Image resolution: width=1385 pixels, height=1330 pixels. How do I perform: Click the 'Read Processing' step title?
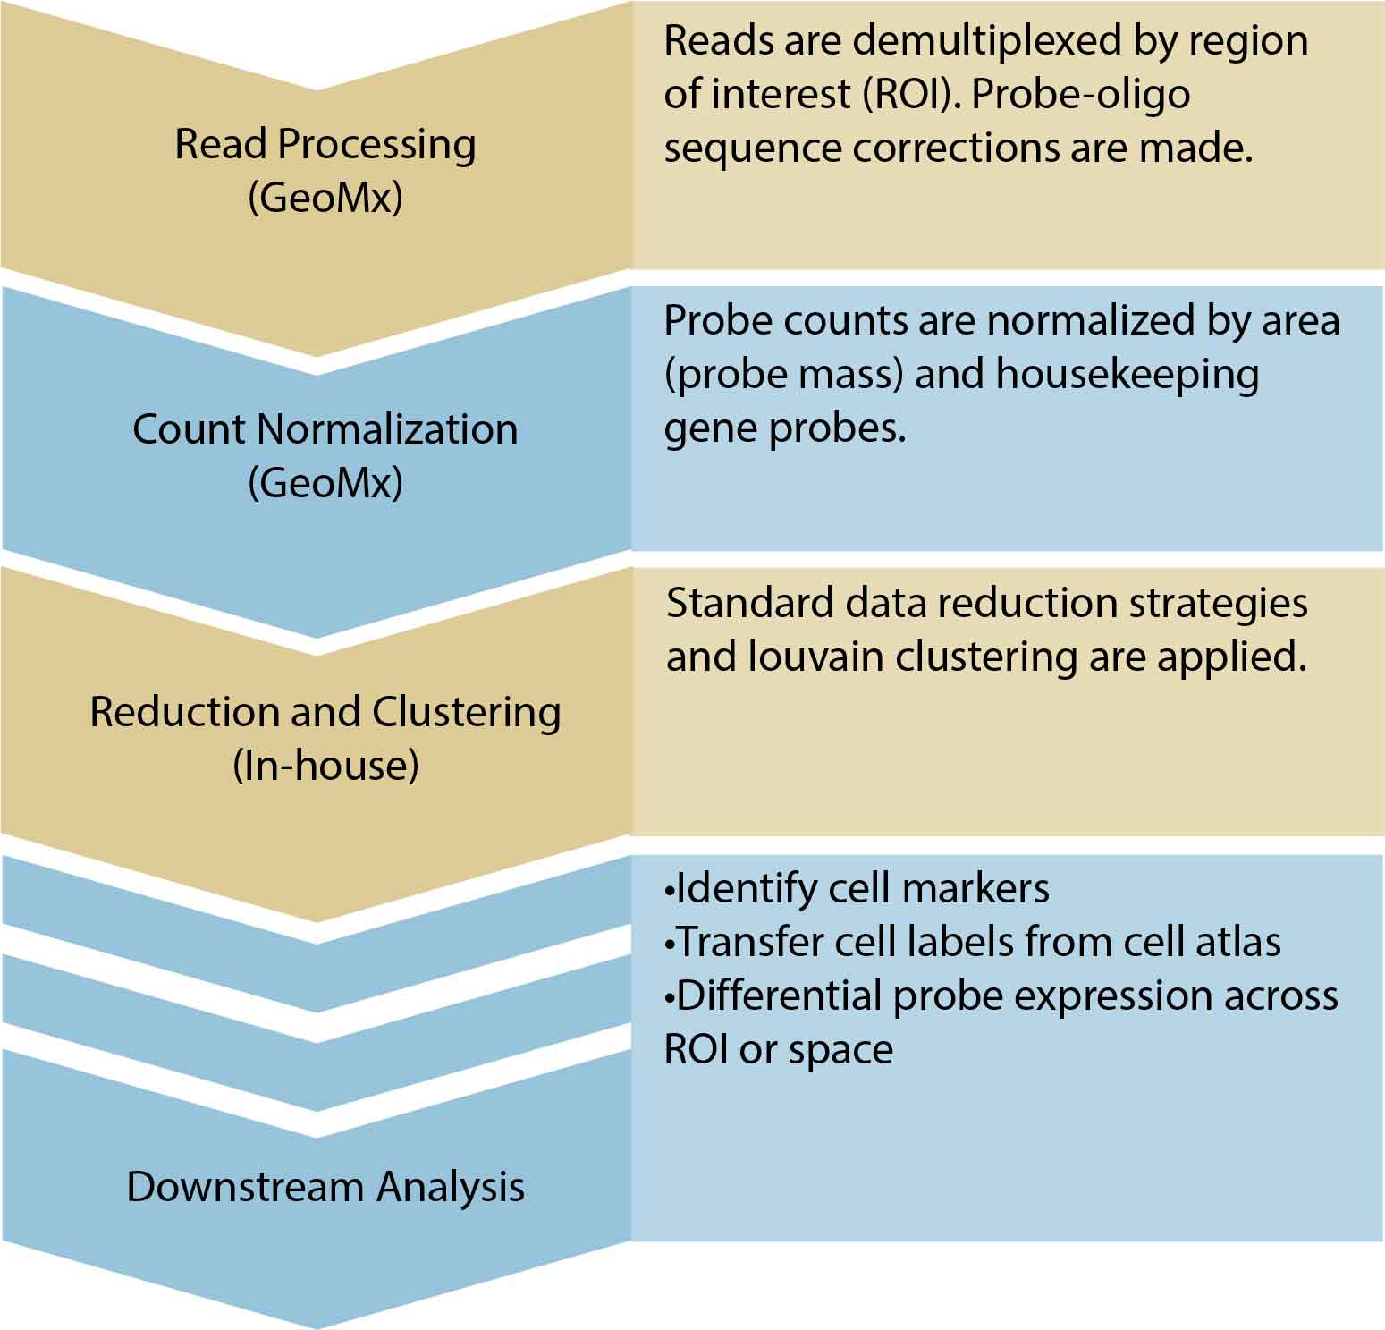[325, 144]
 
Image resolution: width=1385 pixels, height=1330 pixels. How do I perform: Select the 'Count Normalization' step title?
[325, 429]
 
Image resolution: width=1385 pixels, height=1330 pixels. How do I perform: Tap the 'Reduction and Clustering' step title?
[325, 712]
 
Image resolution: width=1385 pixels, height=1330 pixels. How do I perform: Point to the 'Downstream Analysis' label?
[325, 1187]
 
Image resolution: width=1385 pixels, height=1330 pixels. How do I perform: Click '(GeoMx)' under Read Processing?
[325, 198]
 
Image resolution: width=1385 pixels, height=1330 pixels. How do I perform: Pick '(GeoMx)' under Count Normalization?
[325, 483]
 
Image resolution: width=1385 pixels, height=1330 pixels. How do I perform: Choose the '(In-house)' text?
[325, 766]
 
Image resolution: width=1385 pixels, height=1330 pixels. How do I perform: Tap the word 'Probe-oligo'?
[1081, 95]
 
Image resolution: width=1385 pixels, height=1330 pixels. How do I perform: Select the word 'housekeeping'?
[1127, 374]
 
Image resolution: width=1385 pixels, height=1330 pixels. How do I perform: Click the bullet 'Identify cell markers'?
[857, 888]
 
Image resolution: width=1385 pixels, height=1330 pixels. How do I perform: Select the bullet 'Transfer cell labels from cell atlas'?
[972, 942]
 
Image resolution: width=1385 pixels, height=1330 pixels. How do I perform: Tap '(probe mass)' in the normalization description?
[783, 374]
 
